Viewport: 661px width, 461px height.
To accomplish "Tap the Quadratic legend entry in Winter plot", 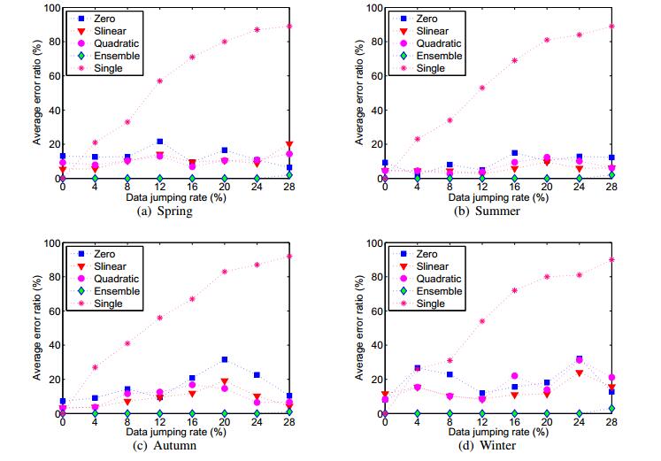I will (439, 277).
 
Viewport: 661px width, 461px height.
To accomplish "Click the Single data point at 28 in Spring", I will (290, 26).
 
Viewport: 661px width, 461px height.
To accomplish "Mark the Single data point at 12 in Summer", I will (482, 88).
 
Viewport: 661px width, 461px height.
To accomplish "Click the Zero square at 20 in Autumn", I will (225, 359).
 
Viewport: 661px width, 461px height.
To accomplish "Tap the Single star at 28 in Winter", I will (611, 259).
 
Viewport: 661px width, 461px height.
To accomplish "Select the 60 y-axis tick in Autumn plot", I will (50, 311).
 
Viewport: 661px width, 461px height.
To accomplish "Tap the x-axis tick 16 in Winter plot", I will (514, 423).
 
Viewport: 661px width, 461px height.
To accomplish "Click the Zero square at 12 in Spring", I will (160, 142).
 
